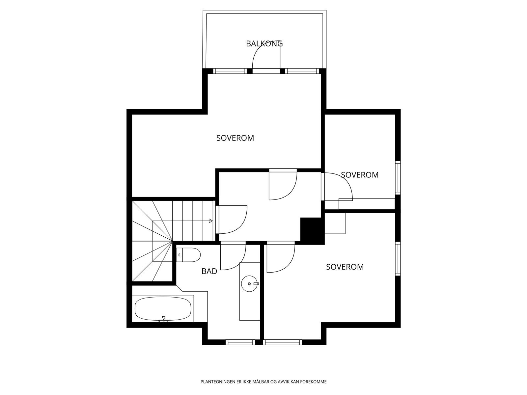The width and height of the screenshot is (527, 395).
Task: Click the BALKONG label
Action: tap(264, 43)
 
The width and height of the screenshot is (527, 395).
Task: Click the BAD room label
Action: tap(209, 271)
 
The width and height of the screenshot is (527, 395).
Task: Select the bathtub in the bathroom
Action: tap(163, 309)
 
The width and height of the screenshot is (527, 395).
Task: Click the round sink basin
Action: tap(249, 283)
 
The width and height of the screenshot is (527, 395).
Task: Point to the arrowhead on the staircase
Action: tap(211, 221)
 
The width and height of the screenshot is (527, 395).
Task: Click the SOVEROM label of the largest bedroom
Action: tap(235, 138)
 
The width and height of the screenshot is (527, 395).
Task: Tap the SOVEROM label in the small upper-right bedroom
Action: tap(360, 175)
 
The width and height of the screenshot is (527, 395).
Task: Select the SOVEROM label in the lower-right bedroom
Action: tap(345, 267)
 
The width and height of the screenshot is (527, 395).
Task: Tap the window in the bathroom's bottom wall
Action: tap(240, 342)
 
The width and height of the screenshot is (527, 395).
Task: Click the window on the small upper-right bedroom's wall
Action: tap(398, 178)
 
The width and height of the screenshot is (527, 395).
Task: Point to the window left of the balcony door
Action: tap(230, 71)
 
